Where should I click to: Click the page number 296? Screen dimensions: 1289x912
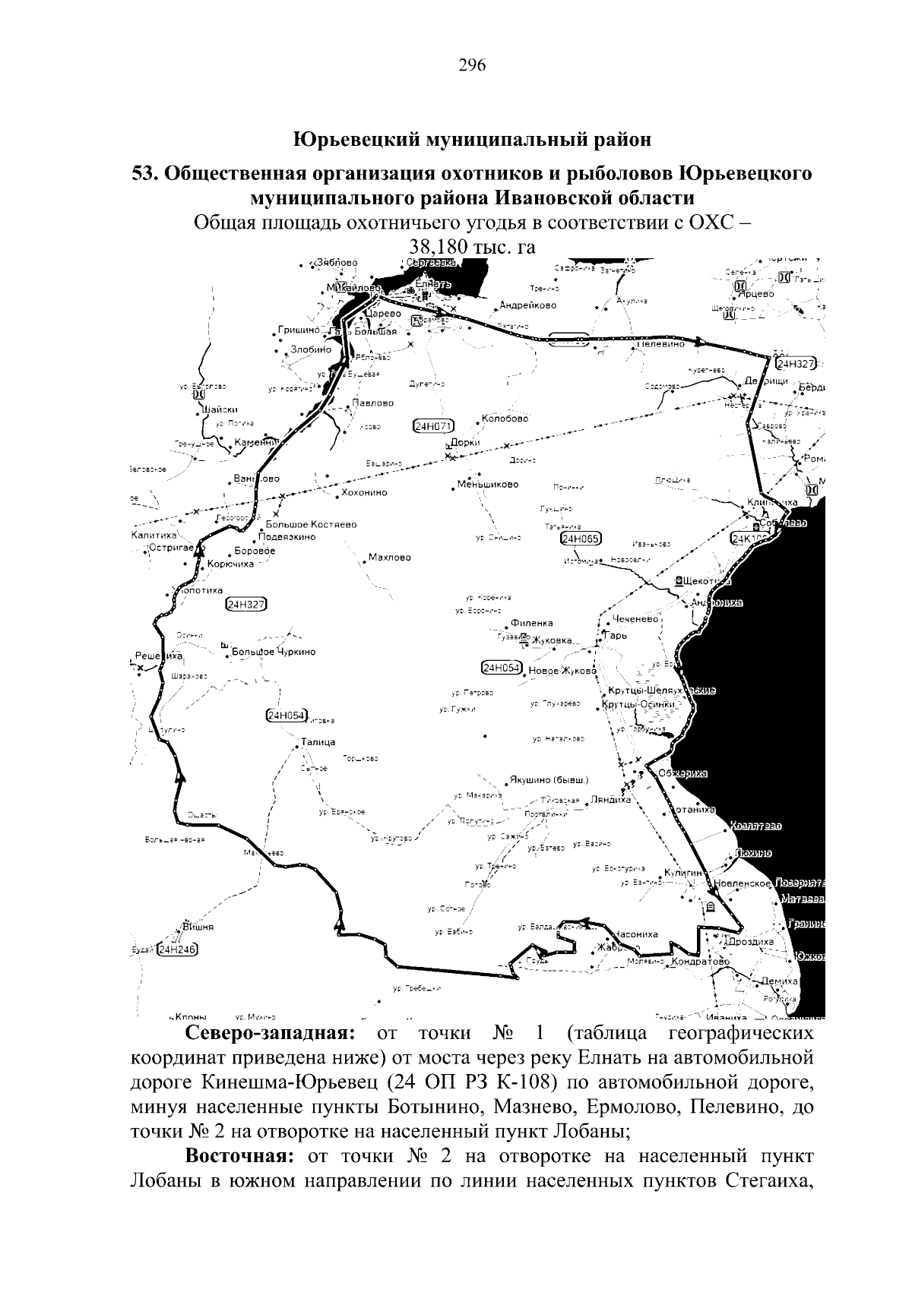(472, 65)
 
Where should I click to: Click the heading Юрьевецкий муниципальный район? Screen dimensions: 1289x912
(472, 140)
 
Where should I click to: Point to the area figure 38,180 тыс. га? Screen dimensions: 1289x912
(472, 247)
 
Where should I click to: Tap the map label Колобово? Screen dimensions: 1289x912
(505, 419)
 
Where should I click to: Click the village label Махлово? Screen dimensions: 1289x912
(389, 558)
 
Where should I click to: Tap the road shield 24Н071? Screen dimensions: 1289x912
(432, 425)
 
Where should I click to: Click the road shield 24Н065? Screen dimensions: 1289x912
(581, 539)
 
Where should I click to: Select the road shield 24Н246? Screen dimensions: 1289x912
(176, 949)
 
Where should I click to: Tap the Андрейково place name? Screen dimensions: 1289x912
(527, 305)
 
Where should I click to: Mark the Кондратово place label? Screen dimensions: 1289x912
(701, 961)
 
